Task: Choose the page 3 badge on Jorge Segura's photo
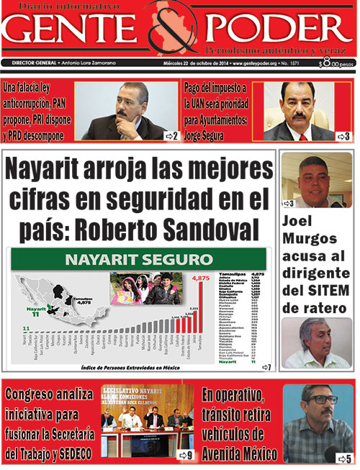(343, 135)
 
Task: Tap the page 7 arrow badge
(266, 367)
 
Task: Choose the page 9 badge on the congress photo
(185, 454)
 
